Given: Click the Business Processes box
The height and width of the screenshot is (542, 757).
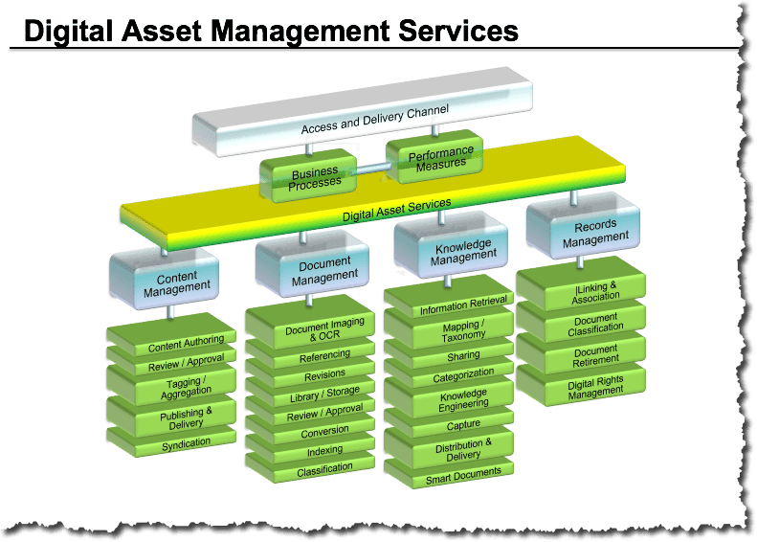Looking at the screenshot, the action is (308, 176).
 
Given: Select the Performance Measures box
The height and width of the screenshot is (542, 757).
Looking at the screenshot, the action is (435, 156).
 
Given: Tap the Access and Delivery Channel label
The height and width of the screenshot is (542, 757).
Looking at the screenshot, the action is (375, 119).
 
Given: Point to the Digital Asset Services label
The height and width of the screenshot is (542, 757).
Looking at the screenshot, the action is (397, 210).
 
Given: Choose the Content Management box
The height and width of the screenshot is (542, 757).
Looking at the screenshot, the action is (165, 280).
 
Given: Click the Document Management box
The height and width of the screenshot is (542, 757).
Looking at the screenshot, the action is (312, 263).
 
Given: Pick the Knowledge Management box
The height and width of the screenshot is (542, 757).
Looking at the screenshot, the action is (451, 246).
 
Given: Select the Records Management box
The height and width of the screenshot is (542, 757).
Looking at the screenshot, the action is (583, 227).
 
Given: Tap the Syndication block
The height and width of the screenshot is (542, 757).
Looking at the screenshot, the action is (171, 441).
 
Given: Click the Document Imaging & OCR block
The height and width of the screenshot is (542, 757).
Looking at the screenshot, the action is (310, 322).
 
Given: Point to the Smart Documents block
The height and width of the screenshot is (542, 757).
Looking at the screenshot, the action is (449, 473).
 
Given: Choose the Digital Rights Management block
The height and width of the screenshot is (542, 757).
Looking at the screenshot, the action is (581, 385).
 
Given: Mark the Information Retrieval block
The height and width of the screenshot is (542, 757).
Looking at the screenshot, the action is (449, 297).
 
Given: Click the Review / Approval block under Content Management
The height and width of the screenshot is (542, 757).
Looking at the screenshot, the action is (171, 360).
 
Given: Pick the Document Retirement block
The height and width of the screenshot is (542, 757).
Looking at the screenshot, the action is (581, 353).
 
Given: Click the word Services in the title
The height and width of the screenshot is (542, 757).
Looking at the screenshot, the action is (457, 31).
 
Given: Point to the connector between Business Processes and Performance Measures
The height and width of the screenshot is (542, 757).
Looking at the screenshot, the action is (371, 169).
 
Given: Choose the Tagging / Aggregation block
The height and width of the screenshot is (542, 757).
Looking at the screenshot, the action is (171, 385).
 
